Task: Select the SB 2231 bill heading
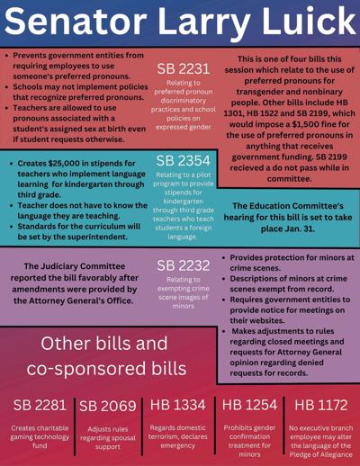point(183,69)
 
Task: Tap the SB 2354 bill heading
point(183,159)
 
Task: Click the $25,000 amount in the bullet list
point(78,165)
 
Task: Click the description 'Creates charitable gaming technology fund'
point(38,437)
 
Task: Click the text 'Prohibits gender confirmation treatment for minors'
point(248,441)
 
